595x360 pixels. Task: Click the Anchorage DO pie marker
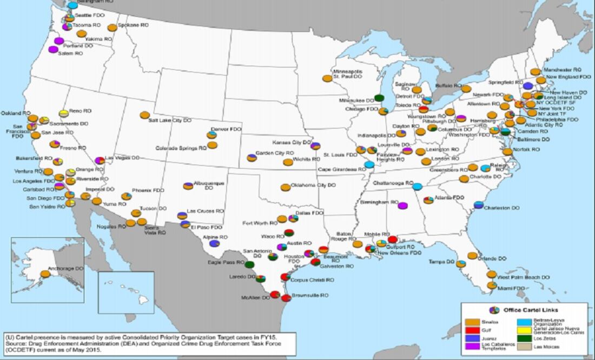tap(45, 274)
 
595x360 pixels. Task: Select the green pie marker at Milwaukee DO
tap(379, 98)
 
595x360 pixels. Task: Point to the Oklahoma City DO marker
tap(285, 188)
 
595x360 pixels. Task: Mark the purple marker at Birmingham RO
tap(402, 205)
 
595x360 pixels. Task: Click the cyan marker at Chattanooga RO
tap(418, 186)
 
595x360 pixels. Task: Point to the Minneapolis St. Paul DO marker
tap(327, 78)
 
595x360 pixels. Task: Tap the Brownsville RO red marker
tap(286, 298)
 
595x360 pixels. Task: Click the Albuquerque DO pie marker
tap(188, 186)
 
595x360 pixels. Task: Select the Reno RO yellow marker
tap(64, 113)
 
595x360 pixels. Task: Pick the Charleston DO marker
tap(478, 205)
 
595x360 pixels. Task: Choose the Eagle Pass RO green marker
tap(249, 265)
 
